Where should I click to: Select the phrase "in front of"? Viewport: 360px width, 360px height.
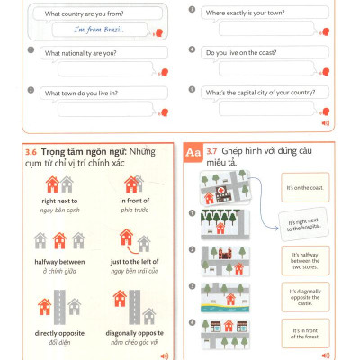click(132, 201)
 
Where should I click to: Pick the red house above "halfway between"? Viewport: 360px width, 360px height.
click(58, 239)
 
